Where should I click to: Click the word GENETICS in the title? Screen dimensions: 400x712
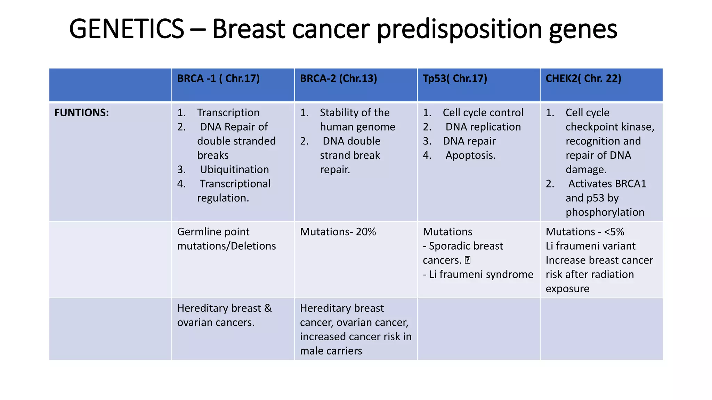(127, 29)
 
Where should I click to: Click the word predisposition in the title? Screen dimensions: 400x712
(460, 29)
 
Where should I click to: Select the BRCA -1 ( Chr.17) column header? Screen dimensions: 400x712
(218, 78)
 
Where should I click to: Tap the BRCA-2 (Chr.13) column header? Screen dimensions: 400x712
(338, 78)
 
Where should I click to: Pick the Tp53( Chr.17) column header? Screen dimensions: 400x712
(455, 78)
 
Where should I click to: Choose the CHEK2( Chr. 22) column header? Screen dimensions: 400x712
(583, 78)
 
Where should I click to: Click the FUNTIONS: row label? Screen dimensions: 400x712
(81, 113)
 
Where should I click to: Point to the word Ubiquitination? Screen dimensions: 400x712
(234, 169)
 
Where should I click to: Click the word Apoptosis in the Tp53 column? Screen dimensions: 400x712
(470, 155)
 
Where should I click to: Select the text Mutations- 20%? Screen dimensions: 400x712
(338, 232)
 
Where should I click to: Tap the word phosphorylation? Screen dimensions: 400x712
(605, 212)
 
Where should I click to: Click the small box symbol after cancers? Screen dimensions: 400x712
(468, 260)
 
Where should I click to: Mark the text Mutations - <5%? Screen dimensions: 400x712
(585, 232)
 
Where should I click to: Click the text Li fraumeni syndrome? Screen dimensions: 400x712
(481, 274)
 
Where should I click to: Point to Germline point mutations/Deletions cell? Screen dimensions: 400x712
(226, 239)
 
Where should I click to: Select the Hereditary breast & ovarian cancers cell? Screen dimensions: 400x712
(224, 315)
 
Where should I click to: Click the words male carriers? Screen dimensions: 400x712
(331, 351)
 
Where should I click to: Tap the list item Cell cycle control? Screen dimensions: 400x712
(483, 113)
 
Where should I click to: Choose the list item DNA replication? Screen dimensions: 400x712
(483, 127)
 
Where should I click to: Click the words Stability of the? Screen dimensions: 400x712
(354, 113)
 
